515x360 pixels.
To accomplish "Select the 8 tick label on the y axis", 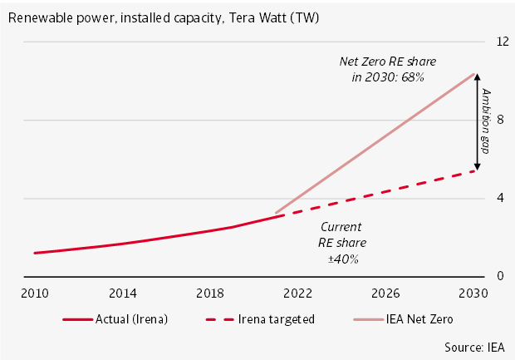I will (500, 120).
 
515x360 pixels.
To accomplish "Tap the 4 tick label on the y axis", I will (500, 198).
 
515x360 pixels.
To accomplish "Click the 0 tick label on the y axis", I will (500, 276).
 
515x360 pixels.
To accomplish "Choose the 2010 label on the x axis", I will (34, 293).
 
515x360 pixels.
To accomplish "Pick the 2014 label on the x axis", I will (124, 293).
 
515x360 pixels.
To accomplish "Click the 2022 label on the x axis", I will (297, 293).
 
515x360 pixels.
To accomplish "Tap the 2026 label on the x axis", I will (386, 293).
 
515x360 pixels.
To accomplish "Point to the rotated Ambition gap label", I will (488, 121).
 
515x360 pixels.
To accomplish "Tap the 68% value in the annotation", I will (413, 77).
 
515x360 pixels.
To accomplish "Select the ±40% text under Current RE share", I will (343, 259).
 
